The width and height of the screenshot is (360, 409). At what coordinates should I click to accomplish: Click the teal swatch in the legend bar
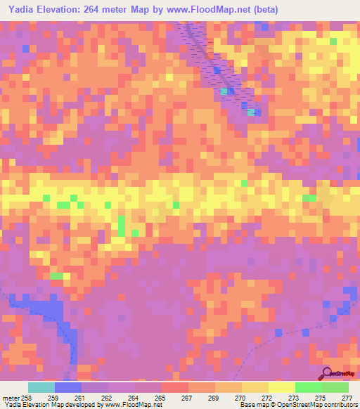pos(41,387)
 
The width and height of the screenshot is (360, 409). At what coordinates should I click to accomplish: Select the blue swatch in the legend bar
pos(68,387)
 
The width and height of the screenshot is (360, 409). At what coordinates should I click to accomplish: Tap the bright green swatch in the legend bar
pos(309,387)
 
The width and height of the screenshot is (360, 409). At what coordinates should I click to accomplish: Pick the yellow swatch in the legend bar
pos(282,387)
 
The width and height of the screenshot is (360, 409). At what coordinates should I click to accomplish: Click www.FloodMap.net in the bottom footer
pos(132,405)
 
